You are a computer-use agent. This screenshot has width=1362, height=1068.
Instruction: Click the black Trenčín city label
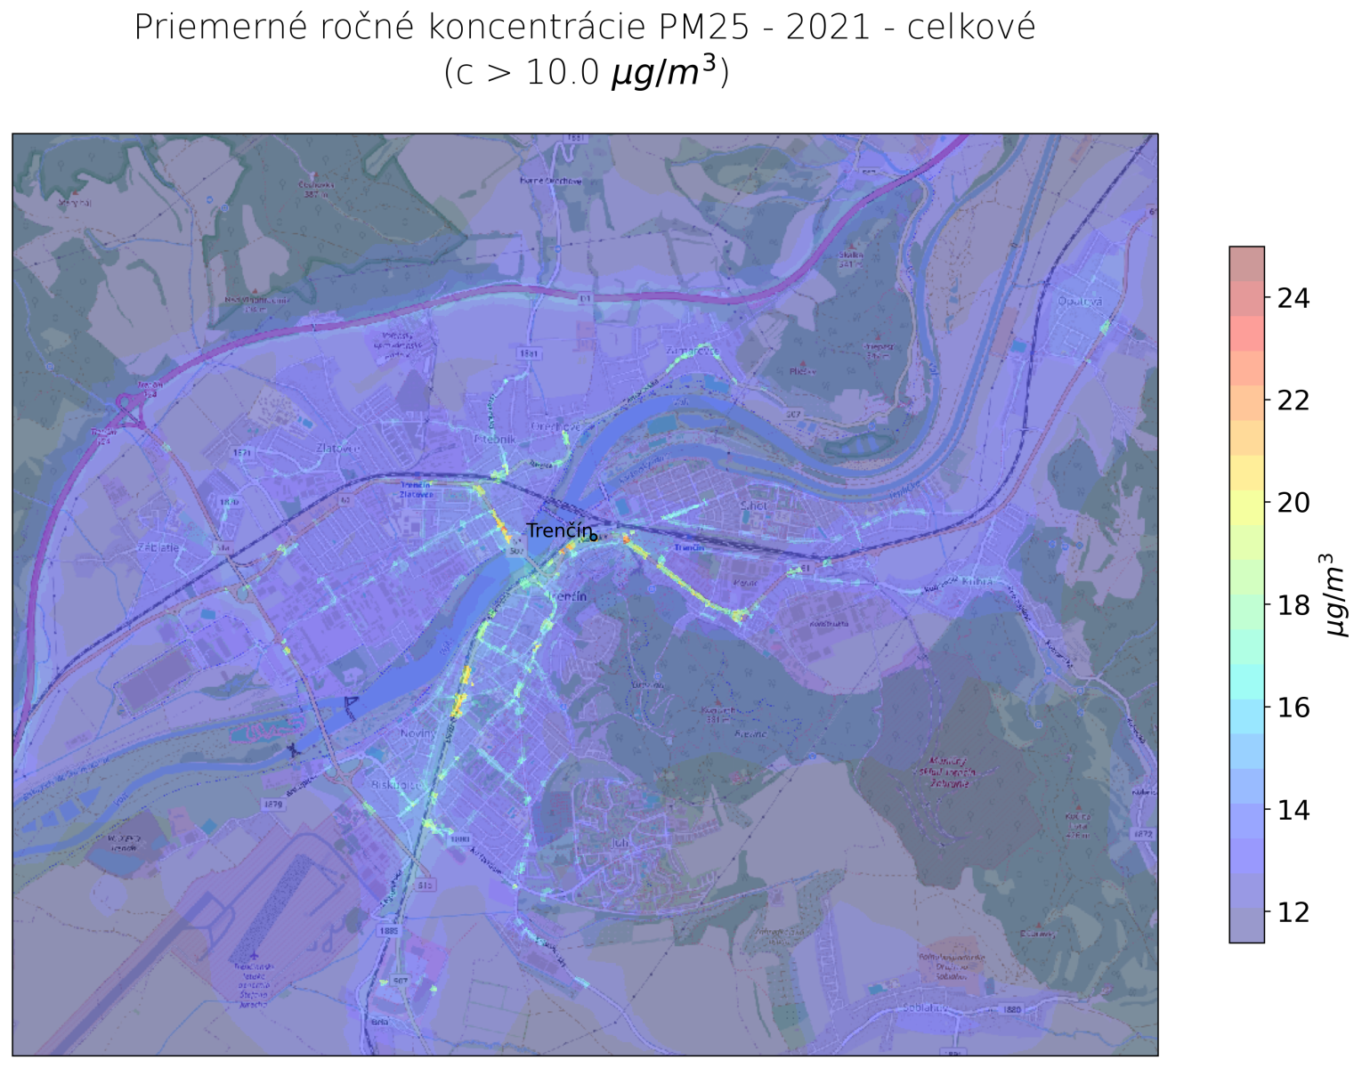(558, 531)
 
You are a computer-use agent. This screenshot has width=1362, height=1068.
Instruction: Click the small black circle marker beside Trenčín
(594, 537)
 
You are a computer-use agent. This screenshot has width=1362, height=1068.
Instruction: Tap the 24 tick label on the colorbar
(1293, 299)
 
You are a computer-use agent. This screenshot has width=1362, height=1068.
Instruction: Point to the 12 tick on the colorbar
(1293, 913)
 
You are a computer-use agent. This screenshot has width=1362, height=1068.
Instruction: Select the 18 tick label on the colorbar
(1293, 606)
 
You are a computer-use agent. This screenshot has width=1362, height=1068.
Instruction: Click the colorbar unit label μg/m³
(1336, 595)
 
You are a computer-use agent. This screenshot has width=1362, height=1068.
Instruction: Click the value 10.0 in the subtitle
(562, 73)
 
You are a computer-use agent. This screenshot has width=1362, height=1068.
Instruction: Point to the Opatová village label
(1081, 302)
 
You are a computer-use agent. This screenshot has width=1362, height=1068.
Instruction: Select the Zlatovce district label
(338, 448)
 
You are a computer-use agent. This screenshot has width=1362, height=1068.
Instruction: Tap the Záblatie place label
(158, 548)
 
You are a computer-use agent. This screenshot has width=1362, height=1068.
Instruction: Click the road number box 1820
(1011, 1009)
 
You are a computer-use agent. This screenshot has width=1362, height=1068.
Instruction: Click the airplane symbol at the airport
(254, 955)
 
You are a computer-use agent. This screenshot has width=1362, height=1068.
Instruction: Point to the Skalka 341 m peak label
(851, 258)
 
